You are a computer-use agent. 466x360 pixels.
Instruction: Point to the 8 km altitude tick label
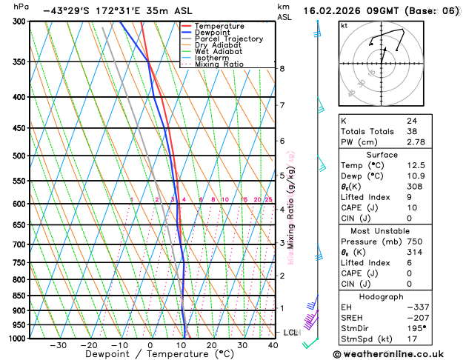point(282,69)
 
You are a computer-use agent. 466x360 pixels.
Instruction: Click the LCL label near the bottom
point(290,333)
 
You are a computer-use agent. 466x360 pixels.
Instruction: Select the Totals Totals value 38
point(412,130)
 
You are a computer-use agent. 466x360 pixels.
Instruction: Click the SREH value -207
point(416,317)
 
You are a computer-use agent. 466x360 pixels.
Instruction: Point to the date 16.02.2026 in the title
point(340,11)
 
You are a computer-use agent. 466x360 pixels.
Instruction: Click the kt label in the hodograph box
point(344,25)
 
